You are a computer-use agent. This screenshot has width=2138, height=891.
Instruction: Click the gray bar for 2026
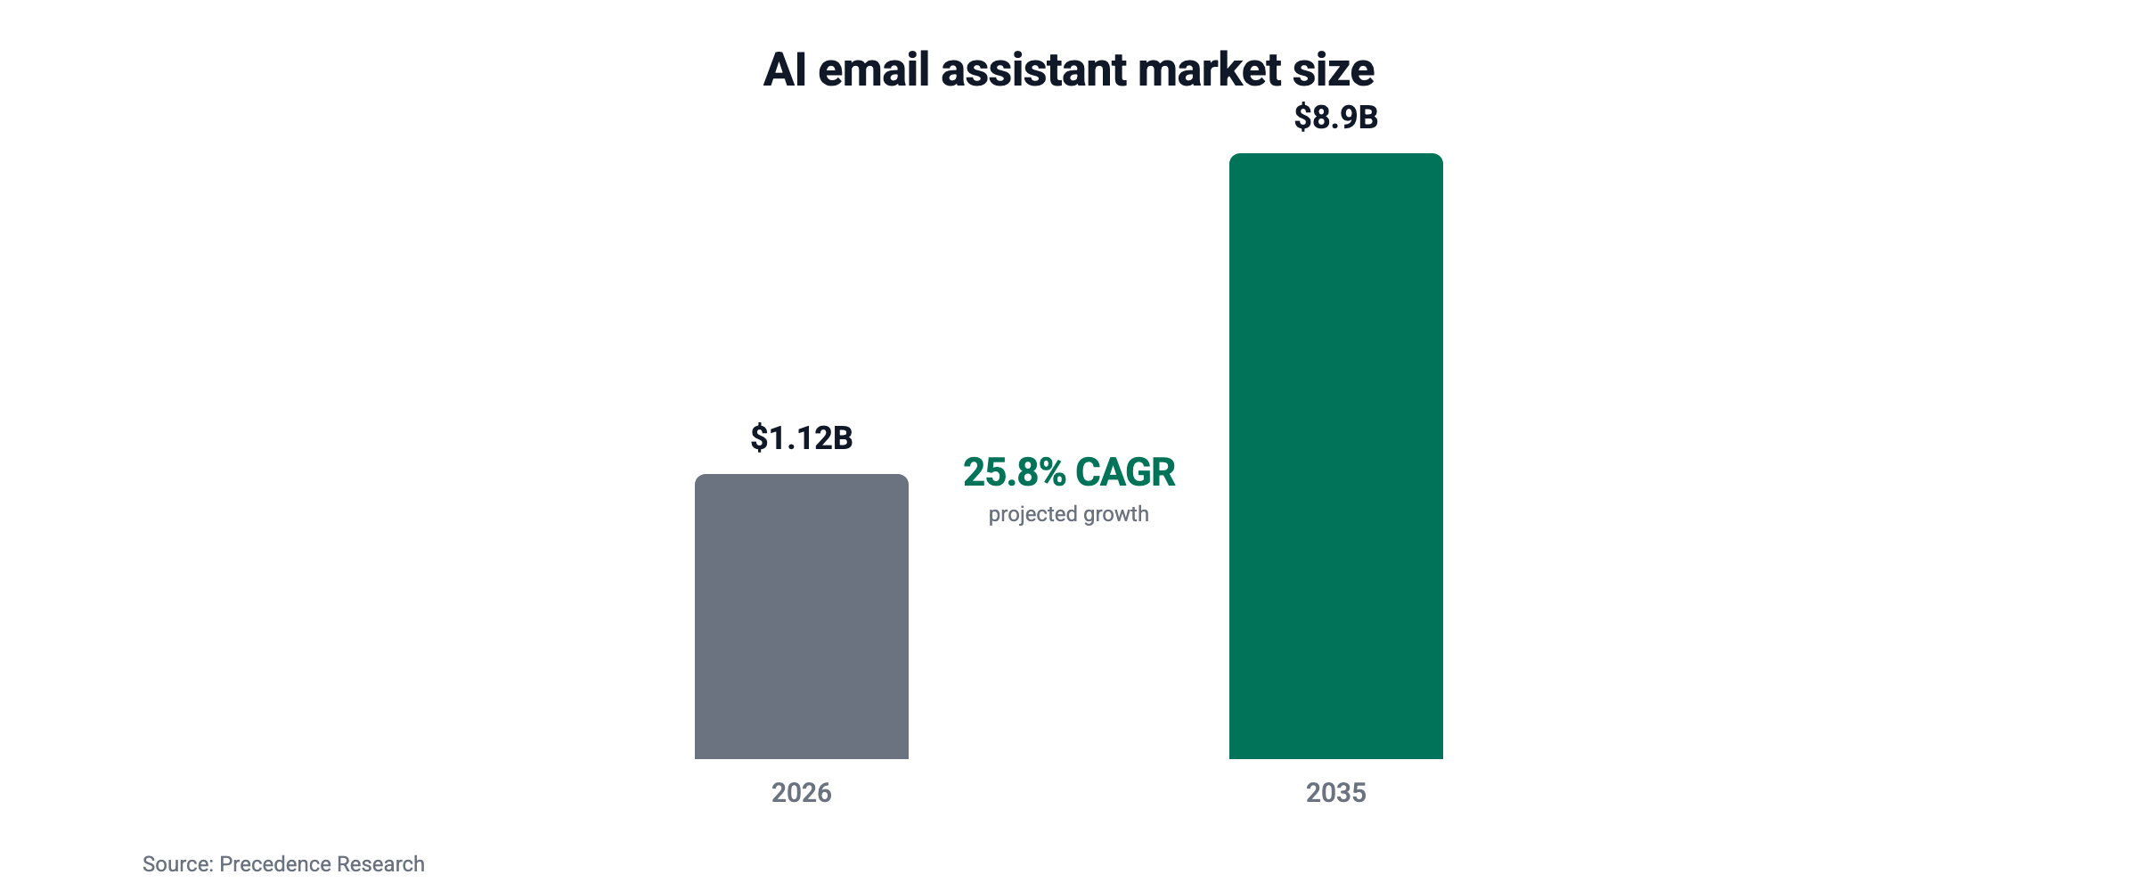pyautogui.click(x=802, y=617)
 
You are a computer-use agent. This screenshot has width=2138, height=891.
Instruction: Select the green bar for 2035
pyautogui.click(x=1336, y=456)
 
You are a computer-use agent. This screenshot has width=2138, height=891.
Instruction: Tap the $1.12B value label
pyautogui.click(x=802, y=438)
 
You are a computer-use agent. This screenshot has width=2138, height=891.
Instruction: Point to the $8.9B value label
pyautogui.click(x=1336, y=118)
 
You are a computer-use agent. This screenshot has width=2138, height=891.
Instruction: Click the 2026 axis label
pyautogui.click(x=802, y=793)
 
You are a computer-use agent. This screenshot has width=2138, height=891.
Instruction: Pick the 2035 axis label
pyautogui.click(x=1336, y=793)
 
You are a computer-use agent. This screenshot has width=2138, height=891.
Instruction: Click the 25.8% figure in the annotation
pyautogui.click(x=1014, y=472)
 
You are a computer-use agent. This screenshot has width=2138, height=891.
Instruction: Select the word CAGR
pyautogui.click(x=1126, y=472)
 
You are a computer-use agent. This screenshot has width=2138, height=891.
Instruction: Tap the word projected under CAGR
pyautogui.click(x=1033, y=515)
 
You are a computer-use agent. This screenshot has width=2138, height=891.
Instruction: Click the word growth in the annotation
pyautogui.click(x=1117, y=515)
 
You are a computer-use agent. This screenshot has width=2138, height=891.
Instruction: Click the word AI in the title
pyautogui.click(x=785, y=69)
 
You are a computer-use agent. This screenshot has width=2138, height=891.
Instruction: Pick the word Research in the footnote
pyautogui.click(x=380, y=864)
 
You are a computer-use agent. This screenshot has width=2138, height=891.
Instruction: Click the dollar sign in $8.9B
pyautogui.click(x=1302, y=118)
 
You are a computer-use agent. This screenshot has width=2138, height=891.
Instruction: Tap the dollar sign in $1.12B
pyautogui.click(x=759, y=438)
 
